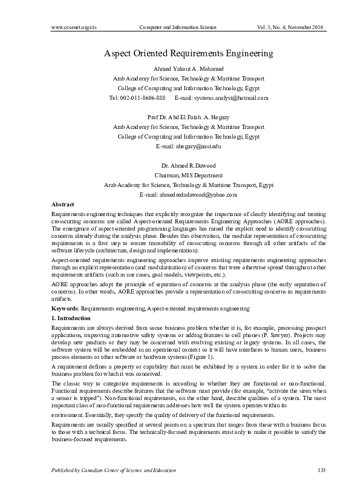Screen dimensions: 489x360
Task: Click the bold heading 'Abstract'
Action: [x=63, y=205]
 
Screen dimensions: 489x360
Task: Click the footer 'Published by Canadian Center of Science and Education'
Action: [x=114, y=470]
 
